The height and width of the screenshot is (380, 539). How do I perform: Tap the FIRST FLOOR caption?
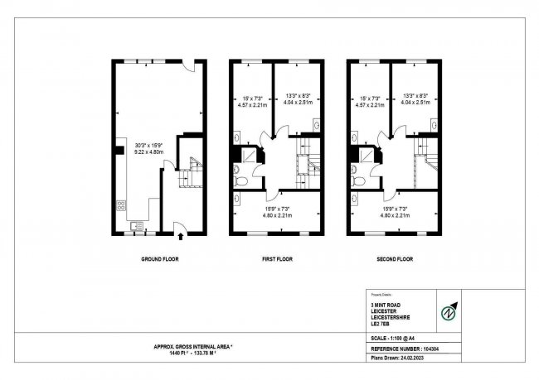click(x=278, y=259)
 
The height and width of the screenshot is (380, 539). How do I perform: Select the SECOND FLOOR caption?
click(x=395, y=259)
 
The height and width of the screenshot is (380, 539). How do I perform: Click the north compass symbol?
click(x=449, y=312)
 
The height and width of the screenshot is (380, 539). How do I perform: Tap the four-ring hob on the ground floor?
click(x=122, y=204)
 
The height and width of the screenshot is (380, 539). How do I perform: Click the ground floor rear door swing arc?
click(x=189, y=67)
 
